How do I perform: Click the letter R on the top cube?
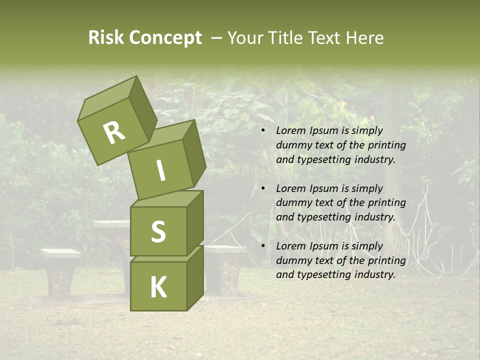(x=114, y=132)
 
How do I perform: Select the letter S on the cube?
(x=158, y=231)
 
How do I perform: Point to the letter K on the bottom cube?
(x=158, y=287)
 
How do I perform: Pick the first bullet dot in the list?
(x=263, y=130)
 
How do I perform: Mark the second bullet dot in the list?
(x=263, y=188)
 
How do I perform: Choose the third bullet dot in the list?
(x=263, y=246)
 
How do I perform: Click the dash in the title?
(x=216, y=38)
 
